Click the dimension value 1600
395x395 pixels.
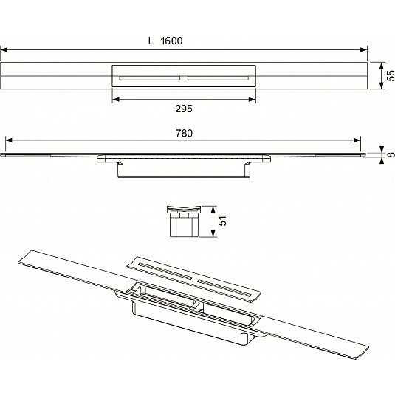171,41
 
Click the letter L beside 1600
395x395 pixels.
151,41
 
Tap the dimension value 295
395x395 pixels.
184,109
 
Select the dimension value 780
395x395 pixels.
184,133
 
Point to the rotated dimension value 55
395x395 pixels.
391,76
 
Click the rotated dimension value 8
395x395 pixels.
391,154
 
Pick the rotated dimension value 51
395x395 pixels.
222,221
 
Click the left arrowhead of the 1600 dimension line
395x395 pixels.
4,49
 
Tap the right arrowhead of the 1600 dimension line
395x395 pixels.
364,49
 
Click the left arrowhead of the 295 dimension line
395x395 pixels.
116,100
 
